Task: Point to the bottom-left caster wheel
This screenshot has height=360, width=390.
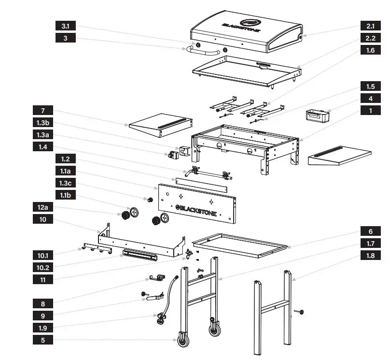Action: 183,341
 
